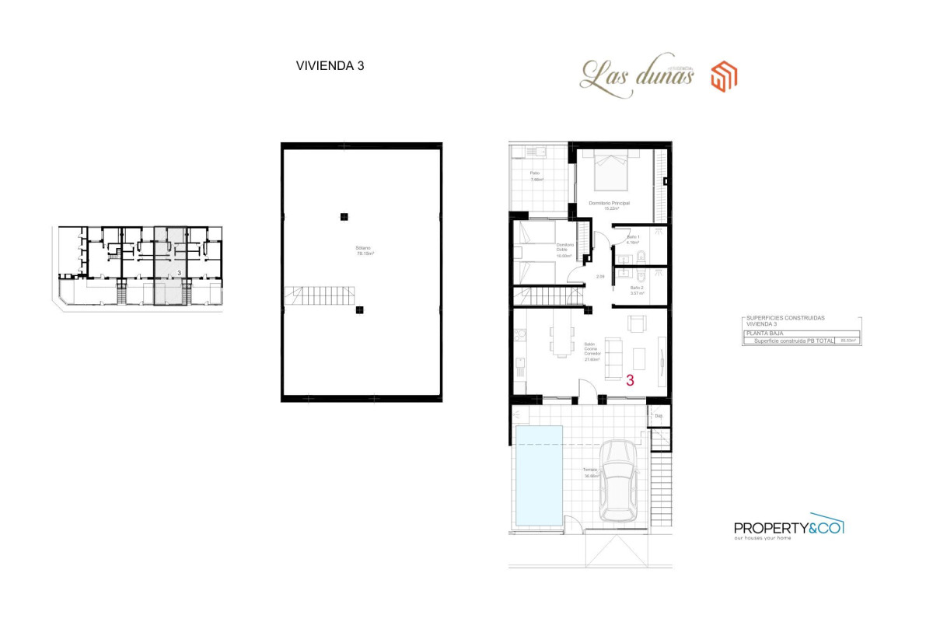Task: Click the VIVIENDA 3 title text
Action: click(330, 66)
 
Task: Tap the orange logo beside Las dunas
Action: click(724, 75)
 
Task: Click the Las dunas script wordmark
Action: click(636, 78)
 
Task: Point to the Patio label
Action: click(535, 173)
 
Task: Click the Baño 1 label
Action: click(633, 237)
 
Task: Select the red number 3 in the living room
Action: click(630, 380)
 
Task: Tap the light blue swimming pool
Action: click(539, 474)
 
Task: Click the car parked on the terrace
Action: click(620, 481)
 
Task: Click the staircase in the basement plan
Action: click(320, 295)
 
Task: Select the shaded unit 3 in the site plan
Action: click(170, 264)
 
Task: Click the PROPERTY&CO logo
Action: click(788, 528)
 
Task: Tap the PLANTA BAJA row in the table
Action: click(801, 333)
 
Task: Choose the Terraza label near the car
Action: click(590, 470)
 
